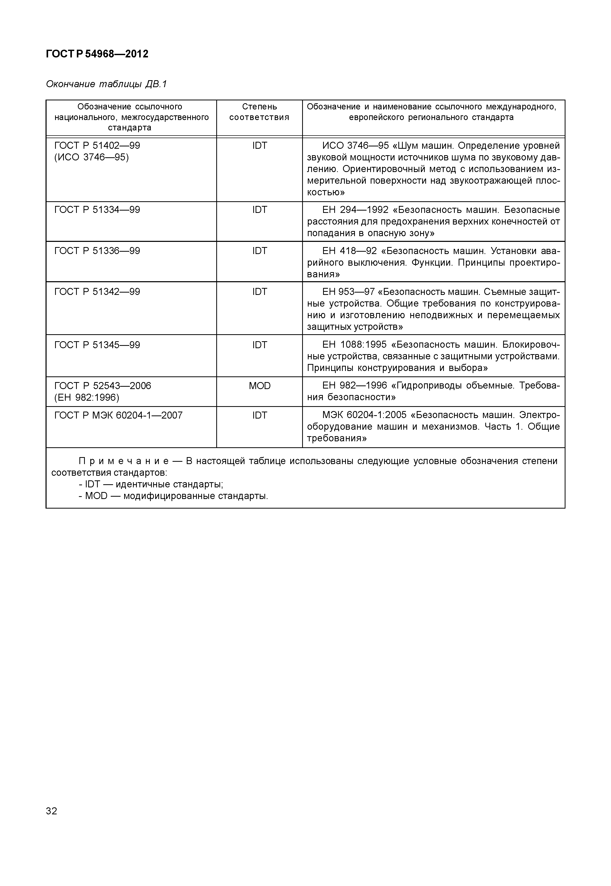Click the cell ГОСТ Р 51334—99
click(x=97, y=210)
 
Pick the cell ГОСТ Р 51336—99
click(x=97, y=251)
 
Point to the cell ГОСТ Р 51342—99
click(x=97, y=292)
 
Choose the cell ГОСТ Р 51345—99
click(x=97, y=345)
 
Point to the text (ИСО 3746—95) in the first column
click(x=92, y=157)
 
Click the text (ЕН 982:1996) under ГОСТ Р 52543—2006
click(x=87, y=397)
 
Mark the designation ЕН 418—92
click(x=349, y=251)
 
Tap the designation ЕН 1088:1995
click(x=354, y=345)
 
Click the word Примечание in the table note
click(x=123, y=461)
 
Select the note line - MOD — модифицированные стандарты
click(x=173, y=496)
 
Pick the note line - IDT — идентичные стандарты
click(x=151, y=484)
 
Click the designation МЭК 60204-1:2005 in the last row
click(x=364, y=415)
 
